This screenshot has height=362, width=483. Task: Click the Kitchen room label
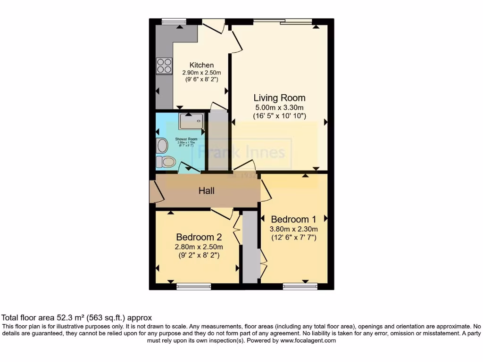(x=201, y=65)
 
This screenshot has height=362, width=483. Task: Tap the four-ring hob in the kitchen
(x=164, y=66)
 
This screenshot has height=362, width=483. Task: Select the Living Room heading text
(x=279, y=98)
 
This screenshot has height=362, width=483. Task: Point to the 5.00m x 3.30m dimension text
(x=279, y=107)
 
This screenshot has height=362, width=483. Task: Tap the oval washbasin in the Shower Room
(x=162, y=146)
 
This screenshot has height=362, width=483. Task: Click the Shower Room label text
(x=186, y=140)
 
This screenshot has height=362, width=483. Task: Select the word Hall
(x=207, y=191)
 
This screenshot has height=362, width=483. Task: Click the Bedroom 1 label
(x=293, y=219)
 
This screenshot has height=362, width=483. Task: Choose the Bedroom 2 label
(x=199, y=237)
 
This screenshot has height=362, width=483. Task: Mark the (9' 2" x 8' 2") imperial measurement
(x=199, y=255)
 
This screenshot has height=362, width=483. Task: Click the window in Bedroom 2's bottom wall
(x=194, y=286)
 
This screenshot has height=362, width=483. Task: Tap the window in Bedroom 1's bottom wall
(x=300, y=286)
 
